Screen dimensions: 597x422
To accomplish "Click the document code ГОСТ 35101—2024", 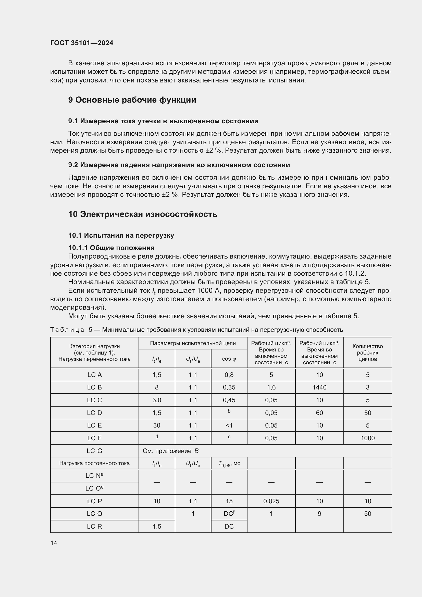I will [82, 43].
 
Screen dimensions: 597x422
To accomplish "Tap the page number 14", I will [54, 543].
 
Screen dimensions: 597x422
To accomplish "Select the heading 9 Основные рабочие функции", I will [132, 100].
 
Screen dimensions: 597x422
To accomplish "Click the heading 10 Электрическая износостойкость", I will [143, 214].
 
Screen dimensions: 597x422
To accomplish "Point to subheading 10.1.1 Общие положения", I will [111, 248].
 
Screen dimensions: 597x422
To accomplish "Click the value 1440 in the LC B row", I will [319, 387].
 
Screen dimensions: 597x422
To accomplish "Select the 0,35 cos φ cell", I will [229, 387].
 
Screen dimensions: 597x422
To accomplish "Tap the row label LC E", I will [94, 425].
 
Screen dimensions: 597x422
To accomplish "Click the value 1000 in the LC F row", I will [367, 438].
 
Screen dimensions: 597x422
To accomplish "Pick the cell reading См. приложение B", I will [170, 451].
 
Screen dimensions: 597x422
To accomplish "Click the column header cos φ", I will [229, 359].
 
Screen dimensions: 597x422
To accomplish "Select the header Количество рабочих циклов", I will [367, 352].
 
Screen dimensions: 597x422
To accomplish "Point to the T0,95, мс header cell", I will [229, 463].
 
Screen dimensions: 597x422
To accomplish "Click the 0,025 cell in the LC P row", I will [271, 501].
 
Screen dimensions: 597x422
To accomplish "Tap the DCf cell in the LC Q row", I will [229, 514].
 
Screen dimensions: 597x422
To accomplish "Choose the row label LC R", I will [94, 526].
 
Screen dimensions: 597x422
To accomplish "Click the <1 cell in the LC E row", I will [229, 425].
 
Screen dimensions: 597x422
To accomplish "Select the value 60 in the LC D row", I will [319, 413].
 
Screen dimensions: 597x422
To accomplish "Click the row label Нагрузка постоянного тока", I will [94, 463].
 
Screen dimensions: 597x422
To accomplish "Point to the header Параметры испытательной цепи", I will [193, 343].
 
